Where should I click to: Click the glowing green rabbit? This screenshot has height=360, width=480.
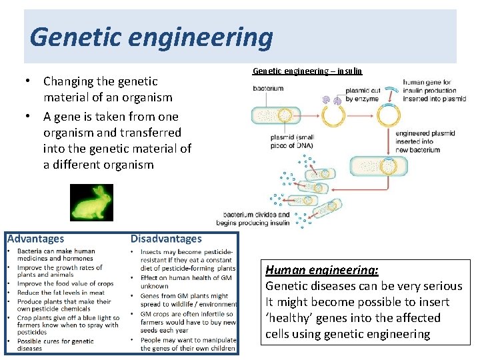[x=91, y=203]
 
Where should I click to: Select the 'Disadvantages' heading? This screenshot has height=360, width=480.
[x=166, y=239]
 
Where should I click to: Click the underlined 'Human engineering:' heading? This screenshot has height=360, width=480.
[x=322, y=270]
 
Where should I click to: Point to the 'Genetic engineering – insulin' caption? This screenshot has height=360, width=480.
[x=307, y=71]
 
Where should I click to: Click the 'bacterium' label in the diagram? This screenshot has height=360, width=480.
[x=268, y=89]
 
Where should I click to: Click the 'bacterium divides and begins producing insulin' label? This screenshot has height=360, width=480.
[x=257, y=219]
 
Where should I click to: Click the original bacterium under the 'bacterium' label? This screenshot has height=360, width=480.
[x=275, y=115]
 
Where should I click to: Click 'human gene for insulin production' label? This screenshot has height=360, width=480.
[x=434, y=91]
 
